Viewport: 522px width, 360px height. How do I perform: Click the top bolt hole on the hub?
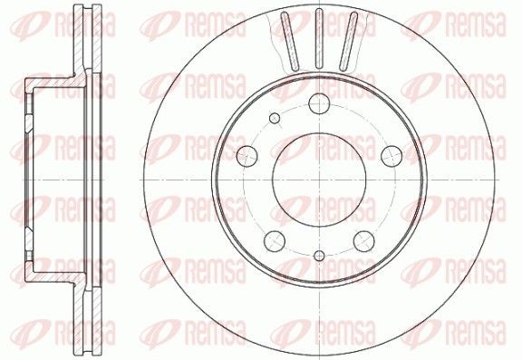point(319,104)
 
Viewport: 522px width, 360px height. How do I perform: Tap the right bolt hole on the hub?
point(391,154)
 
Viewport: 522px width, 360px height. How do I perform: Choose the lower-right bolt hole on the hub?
point(363,240)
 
